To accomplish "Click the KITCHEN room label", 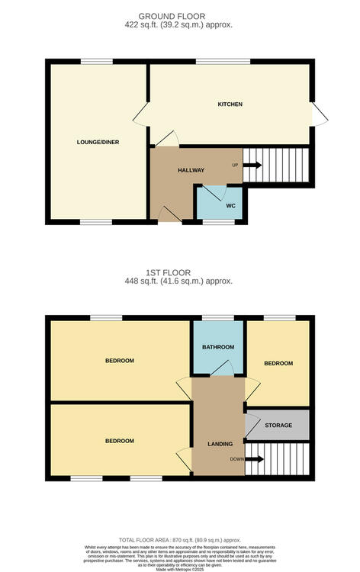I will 230,104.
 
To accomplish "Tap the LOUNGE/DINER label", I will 98,142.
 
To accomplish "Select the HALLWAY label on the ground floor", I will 191,170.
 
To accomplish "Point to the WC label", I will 230,206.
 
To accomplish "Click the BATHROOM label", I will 218,348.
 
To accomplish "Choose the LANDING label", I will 220,443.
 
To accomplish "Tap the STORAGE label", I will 278,425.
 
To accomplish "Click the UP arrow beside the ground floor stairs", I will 252,165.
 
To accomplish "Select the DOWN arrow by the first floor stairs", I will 254,459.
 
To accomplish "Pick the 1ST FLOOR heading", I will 180,272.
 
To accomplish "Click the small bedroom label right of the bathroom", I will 278,364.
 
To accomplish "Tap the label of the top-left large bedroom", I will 120,361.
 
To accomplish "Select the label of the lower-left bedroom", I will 120,441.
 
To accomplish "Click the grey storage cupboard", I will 278,425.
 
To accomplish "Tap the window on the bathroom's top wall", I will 217,317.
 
